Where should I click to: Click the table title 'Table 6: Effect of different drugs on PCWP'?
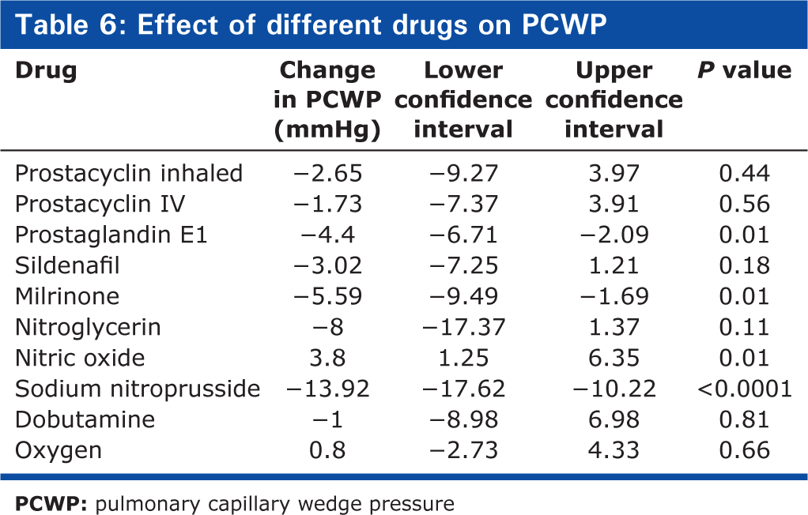pos(311,24)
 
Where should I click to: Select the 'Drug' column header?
pos(46,71)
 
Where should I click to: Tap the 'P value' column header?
pos(745,70)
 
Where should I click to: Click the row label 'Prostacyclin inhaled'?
pos(128,174)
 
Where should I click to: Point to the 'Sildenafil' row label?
pos(67,265)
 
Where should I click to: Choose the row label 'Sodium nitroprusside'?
pos(138,389)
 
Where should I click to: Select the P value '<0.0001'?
pos(745,389)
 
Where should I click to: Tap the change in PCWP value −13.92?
pos(328,389)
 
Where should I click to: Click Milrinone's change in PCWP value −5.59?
pos(328,297)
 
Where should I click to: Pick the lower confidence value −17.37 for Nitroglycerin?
pos(463,328)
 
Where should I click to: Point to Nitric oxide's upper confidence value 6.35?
pos(614,359)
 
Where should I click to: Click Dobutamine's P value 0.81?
pos(745,419)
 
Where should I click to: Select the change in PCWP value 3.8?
pos(328,359)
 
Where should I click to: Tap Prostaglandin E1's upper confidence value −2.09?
pos(614,235)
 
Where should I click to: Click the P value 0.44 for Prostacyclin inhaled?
pos(745,174)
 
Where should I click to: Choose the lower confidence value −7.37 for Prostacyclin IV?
pos(463,205)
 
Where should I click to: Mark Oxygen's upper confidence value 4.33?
pos(614,450)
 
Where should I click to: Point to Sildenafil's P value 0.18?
pos(745,265)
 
